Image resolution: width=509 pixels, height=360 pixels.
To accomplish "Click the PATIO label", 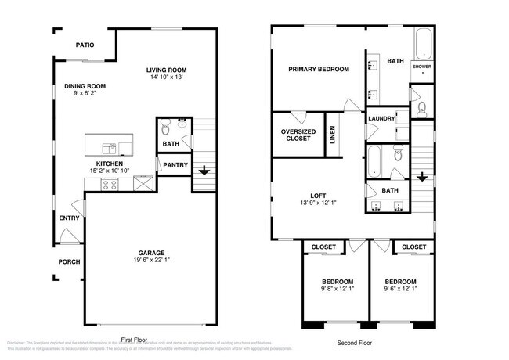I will coord(85,45).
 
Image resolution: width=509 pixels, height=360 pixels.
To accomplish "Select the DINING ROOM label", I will coord(85,86).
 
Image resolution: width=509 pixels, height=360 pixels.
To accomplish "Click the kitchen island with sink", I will coord(109,145).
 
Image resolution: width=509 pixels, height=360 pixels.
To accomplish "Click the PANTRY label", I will coord(172,165).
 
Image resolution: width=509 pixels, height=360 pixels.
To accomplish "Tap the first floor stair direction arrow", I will coord(204,171).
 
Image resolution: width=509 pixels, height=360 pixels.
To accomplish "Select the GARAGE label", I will coord(151,253).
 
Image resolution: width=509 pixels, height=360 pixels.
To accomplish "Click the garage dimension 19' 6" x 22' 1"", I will coord(151,261).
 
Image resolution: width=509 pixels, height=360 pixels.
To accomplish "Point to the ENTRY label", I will coord(69,218).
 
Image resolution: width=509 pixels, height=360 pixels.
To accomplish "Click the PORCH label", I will coord(69,261).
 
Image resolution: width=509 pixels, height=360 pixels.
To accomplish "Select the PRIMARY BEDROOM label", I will coord(318,69).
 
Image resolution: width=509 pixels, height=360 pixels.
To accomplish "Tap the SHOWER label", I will coord(422,67).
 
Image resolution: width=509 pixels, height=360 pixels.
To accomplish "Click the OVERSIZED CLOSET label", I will coord(298,135).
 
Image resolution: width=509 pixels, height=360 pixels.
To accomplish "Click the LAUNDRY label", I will coord(381,119).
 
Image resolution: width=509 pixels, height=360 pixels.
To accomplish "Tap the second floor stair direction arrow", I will coord(422,177).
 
